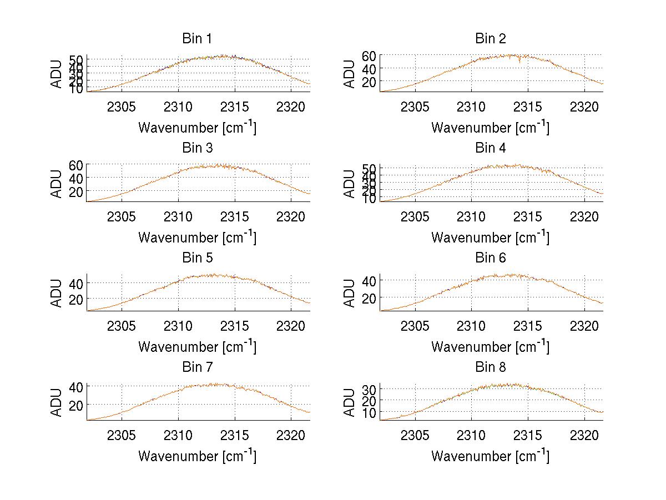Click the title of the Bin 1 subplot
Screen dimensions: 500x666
(x=197, y=39)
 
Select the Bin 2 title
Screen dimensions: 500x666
(x=490, y=39)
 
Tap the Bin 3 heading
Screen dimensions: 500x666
(x=197, y=148)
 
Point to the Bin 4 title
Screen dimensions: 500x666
(x=490, y=148)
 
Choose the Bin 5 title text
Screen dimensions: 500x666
(x=197, y=258)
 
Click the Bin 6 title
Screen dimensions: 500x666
(x=490, y=258)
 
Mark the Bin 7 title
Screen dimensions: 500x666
(x=197, y=367)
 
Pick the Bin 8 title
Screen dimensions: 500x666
(x=490, y=367)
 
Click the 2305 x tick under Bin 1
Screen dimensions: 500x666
(x=122, y=107)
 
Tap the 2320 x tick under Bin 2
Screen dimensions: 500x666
(x=584, y=107)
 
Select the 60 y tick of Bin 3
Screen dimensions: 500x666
(x=76, y=165)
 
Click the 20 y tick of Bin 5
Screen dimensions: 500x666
(x=76, y=299)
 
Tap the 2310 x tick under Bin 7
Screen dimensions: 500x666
(x=178, y=435)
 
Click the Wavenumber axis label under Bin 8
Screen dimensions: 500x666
(x=490, y=456)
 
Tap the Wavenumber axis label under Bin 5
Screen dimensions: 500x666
(x=197, y=346)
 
